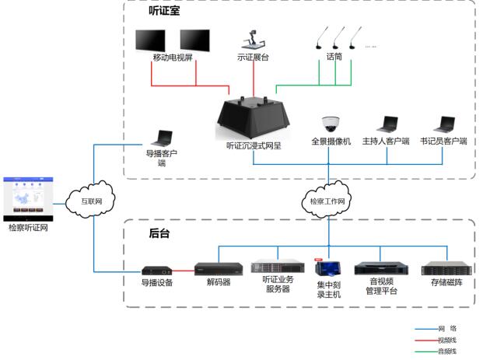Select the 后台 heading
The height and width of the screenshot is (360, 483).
click(x=159, y=232)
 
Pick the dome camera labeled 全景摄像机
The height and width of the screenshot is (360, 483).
click(x=331, y=124)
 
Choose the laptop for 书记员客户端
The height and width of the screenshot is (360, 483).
click(x=444, y=124)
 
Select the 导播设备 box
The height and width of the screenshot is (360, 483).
click(x=156, y=270)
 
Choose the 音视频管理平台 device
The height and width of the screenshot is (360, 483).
click(x=381, y=269)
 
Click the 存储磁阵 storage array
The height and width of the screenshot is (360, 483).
click(x=446, y=269)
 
